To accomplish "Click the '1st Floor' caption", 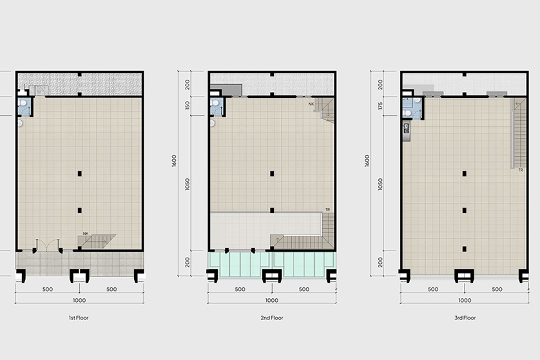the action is pyautogui.click(x=79, y=317).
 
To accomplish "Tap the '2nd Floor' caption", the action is pyautogui.click(x=272, y=317).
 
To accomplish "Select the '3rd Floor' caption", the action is pyautogui.click(x=465, y=317).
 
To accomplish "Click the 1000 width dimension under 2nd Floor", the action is pyautogui.click(x=272, y=300).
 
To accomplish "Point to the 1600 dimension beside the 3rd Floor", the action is pyautogui.click(x=367, y=161).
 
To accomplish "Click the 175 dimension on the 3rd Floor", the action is pyautogui.click(x=380, y=106).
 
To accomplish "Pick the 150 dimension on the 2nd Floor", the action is pyautogui.click(x=188, y=106).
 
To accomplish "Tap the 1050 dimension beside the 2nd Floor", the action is pyautogui.click(x=188, y=184).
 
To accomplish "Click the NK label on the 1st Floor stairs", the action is pyautogui.click(x=86, y=234).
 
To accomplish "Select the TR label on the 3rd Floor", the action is pyautogui.click(x=521, y=169).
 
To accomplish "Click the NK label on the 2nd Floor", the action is pyautogui.click(x=311, y=104).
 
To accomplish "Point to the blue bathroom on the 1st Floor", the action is pyautogui.click(x=24, y=106).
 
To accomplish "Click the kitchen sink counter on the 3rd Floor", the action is pyautogui.click(x=407, y=130).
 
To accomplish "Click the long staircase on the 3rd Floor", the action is pyautogui.click(x=519, y=133).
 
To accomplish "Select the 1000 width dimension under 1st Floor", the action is pyautogui.click(x=79, y=300).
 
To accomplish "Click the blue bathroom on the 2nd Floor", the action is pyautogui.click(x=217, y=107).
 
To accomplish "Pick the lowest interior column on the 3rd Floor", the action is pyautogui.click(x=464, y=249).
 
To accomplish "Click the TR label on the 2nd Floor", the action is pyautogui.click(x=327, y=209).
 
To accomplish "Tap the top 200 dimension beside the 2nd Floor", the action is pyautogui.click(x=188, y=84).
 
